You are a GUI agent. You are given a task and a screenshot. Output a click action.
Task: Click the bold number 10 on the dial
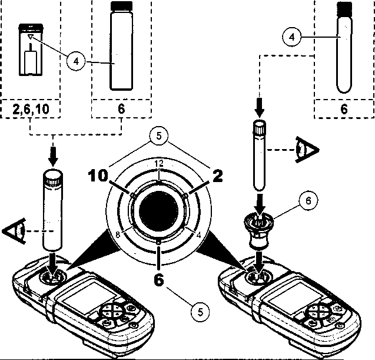[x=98, y=176]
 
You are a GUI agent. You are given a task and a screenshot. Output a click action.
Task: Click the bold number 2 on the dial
[x=217, y=176]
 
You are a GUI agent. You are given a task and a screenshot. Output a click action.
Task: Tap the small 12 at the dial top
[x=159, y=163]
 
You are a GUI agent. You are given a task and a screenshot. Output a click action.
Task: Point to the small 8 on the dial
[x=117, y=235]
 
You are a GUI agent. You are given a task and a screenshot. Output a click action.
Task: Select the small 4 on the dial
[x=198, y=235]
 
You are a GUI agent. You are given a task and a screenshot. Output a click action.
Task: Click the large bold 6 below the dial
[x=159, y=279]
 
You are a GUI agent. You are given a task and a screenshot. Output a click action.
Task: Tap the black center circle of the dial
[x=158, y=211]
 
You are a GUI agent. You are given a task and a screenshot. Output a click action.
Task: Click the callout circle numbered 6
[x=308, y=200]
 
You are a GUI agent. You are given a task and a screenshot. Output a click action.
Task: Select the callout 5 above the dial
[x=159, y=136]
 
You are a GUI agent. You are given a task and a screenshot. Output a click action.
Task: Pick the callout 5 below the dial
[x=200, y=312]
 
